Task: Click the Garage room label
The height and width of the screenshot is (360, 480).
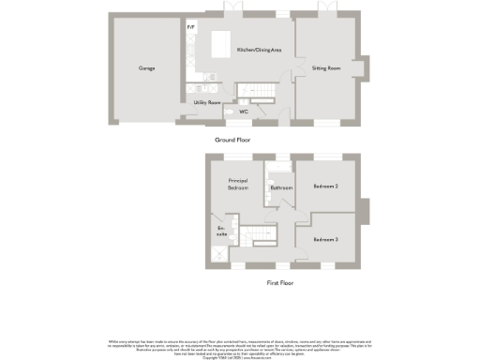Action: coord(146,68)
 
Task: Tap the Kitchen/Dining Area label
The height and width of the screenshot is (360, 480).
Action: coord(259,50)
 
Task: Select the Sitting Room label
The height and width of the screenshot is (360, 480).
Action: coord(325,68)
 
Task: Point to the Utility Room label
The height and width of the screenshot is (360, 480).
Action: coord(206,102)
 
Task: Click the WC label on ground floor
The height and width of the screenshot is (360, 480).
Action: coord(243,112)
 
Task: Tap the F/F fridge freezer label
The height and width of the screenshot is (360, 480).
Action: coord(191,27)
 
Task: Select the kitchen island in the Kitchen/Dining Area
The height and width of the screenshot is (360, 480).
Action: coord(223,44)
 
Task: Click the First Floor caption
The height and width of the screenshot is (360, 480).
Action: coord(280,282)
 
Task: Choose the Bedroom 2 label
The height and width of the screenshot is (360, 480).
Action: coord(325,187)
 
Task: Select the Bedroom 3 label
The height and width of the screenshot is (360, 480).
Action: coord(325,240)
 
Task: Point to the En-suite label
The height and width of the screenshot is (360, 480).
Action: coord(222,232)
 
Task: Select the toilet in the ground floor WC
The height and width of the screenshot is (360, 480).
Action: coord(231,112)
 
